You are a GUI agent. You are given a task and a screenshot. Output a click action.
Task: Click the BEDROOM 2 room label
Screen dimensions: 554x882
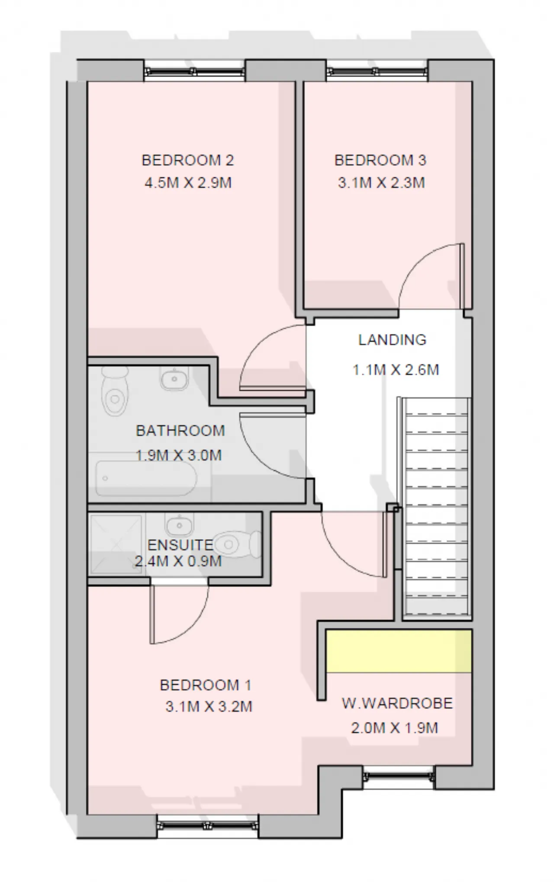point(187,161)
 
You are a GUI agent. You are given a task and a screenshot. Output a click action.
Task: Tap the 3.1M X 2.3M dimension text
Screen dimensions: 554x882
point(381,183)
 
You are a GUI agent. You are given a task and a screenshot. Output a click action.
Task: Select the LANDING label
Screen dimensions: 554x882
point(392,340)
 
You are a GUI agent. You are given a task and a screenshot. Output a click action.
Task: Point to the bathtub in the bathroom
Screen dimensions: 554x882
point(146,478)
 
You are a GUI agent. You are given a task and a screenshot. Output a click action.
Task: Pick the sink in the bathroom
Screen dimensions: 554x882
point(174,379)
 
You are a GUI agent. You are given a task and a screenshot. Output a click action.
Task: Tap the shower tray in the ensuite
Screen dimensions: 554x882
point(116,544)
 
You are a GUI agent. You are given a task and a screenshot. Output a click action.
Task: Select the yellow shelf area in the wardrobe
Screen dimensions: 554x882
point(398,651)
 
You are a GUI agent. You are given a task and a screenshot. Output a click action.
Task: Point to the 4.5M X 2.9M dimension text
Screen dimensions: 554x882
point(188,183)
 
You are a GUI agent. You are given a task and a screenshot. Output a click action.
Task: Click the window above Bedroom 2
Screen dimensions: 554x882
point(194,71)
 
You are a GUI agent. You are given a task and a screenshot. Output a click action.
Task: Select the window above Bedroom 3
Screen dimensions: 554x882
point(377,71)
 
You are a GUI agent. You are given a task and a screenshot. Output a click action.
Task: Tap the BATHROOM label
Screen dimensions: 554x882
point(180,431)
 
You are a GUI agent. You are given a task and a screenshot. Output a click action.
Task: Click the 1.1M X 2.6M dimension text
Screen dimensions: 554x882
point(396,370)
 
